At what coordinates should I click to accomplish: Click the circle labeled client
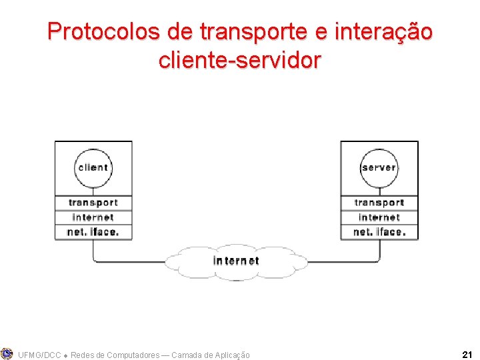point(93,167)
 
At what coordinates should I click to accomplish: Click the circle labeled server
point(379,167)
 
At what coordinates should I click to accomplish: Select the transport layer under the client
point(93,203)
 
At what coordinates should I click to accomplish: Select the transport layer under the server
point(379,203)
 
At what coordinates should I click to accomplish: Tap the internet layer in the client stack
point(93,217)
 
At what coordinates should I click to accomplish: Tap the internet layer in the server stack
point(379,217)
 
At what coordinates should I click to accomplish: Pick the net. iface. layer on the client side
point(93,232)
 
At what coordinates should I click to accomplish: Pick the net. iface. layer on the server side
point(379,232)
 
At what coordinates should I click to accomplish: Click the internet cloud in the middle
point(236,261)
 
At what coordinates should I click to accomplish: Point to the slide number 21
point(467,355)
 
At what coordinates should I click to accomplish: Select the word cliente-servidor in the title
point(240,61)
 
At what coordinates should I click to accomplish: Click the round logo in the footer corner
point(7,353)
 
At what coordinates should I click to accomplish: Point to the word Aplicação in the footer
point(229,355)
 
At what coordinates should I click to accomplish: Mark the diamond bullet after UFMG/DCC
point(65,355)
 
